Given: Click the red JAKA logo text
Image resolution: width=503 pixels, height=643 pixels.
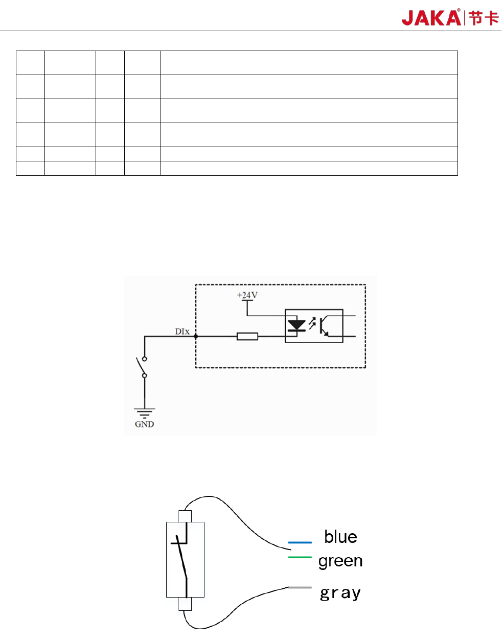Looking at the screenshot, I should click(431, 18).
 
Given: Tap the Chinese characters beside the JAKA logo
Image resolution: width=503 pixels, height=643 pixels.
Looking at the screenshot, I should click(484, 18).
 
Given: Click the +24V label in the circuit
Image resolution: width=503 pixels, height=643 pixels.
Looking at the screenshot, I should click(247, 295).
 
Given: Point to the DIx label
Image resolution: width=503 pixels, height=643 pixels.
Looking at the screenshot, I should click(182, 331).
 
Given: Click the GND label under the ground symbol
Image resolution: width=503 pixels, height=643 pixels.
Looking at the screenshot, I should click(144, 424).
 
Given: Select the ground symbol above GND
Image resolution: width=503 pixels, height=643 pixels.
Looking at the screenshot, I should click(145, 413).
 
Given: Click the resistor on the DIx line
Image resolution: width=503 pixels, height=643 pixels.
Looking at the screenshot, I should click(247, 336).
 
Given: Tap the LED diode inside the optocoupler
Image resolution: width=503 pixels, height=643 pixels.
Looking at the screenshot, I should click(296, 325).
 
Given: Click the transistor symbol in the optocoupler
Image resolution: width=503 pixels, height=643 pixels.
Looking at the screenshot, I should click(324, 326).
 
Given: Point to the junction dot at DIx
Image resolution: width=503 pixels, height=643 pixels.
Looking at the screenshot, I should click(196, 336).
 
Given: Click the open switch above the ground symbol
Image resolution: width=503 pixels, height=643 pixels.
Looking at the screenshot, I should click(141, 366).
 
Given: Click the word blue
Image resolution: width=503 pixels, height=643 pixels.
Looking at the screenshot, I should click(340, 537).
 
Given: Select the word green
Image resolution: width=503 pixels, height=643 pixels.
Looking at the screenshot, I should click(340, 561).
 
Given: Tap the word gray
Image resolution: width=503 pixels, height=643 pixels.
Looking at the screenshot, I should click(340, 593).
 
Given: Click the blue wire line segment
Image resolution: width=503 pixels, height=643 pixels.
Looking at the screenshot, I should click(300, 542).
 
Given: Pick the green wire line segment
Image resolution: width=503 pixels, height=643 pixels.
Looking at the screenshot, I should click(300, 557).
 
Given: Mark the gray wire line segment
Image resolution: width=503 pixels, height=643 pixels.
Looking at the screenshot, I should click(300, 587).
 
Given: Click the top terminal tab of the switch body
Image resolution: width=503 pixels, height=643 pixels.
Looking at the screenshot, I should click(185, 516).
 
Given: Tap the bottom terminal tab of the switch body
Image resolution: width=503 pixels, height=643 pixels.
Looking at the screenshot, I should click(185, 604).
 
